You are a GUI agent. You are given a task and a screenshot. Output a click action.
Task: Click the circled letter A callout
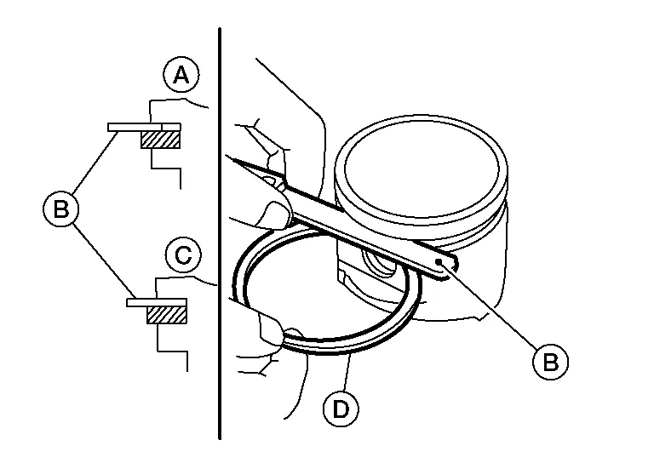[181, 75]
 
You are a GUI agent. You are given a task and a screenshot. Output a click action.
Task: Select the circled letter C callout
[183, 254]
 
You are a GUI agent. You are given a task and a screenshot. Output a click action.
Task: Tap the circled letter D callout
[341, 409]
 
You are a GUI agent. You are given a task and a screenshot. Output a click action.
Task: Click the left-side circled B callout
[61, 209]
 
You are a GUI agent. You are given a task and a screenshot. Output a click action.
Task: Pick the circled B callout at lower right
[551, 362]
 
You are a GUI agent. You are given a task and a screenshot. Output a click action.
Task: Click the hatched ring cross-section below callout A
[161, 140]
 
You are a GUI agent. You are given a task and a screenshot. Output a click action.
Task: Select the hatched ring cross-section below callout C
[167, 315]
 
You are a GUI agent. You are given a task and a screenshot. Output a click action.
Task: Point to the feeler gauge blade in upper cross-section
[144, 127]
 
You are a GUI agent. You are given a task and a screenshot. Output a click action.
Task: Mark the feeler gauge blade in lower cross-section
[157, 302]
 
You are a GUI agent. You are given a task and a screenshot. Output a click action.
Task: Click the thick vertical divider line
[220, 233]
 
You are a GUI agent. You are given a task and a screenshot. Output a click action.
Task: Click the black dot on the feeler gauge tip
[439, 261]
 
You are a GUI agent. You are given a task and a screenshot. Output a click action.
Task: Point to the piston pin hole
[379, 263]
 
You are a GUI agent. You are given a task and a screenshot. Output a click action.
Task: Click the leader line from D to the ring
[347, 372]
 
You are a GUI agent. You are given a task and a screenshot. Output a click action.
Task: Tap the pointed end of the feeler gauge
[227, 157]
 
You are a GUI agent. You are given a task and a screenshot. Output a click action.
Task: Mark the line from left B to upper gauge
[95, 162]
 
